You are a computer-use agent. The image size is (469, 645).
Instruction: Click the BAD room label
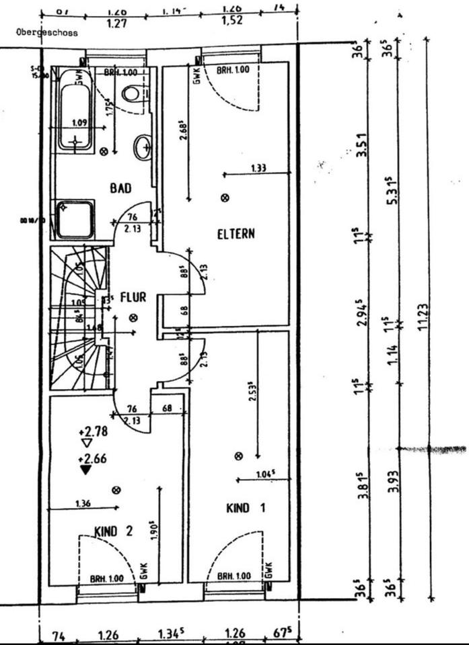[120, 188]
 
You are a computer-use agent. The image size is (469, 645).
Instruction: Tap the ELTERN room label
[236, 234]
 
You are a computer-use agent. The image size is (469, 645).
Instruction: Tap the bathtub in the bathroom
[75, 111]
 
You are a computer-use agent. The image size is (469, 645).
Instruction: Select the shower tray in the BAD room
[75, 219]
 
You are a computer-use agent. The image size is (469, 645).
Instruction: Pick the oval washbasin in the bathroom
[142, 147]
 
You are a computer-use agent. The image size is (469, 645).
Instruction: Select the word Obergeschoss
[47, 32]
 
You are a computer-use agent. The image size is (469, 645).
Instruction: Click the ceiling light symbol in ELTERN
[225, 198]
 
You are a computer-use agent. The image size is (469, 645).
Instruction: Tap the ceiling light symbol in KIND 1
[238, 456]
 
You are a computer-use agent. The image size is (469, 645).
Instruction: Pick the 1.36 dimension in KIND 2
[83, 503]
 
